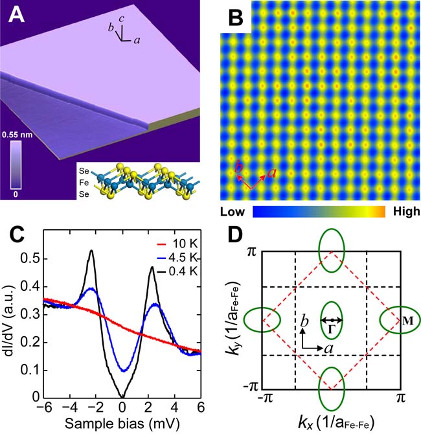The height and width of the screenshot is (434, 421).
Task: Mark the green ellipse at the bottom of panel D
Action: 332,387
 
